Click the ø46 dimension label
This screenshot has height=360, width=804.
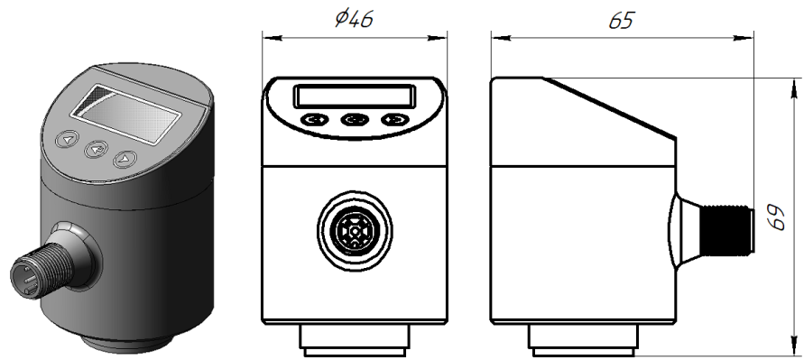pyautogui.click(x=354, y=20)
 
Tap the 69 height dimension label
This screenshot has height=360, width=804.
pyautogui.click(x=782, y=216)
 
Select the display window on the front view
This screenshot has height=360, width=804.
pyautogui.click(x=354, y=96)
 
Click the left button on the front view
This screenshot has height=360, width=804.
pyautogui.click(x=314, y=119)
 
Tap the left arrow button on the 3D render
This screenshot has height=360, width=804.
pyautogui.click(x=67, y=140)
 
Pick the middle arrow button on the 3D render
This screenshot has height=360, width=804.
pyautogui.click(x=95, y=150)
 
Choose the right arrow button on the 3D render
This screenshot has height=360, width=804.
pyautogui.click(x=124, y=161)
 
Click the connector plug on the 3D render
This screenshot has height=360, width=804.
pyautogui.click(x=36, y=275)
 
